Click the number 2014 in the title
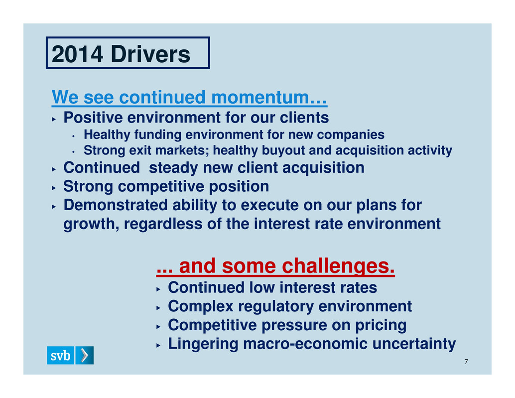pos(78,54)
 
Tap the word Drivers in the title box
pos(151,54)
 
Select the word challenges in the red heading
pos(338,266)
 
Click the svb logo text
pos(60,355)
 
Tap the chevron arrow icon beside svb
pos(84,355)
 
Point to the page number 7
pos(466,362)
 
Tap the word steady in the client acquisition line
pos(174,168)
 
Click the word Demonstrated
pos(116,205)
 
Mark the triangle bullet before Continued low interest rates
pos(158,289)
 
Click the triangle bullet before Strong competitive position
pos(54,188)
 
